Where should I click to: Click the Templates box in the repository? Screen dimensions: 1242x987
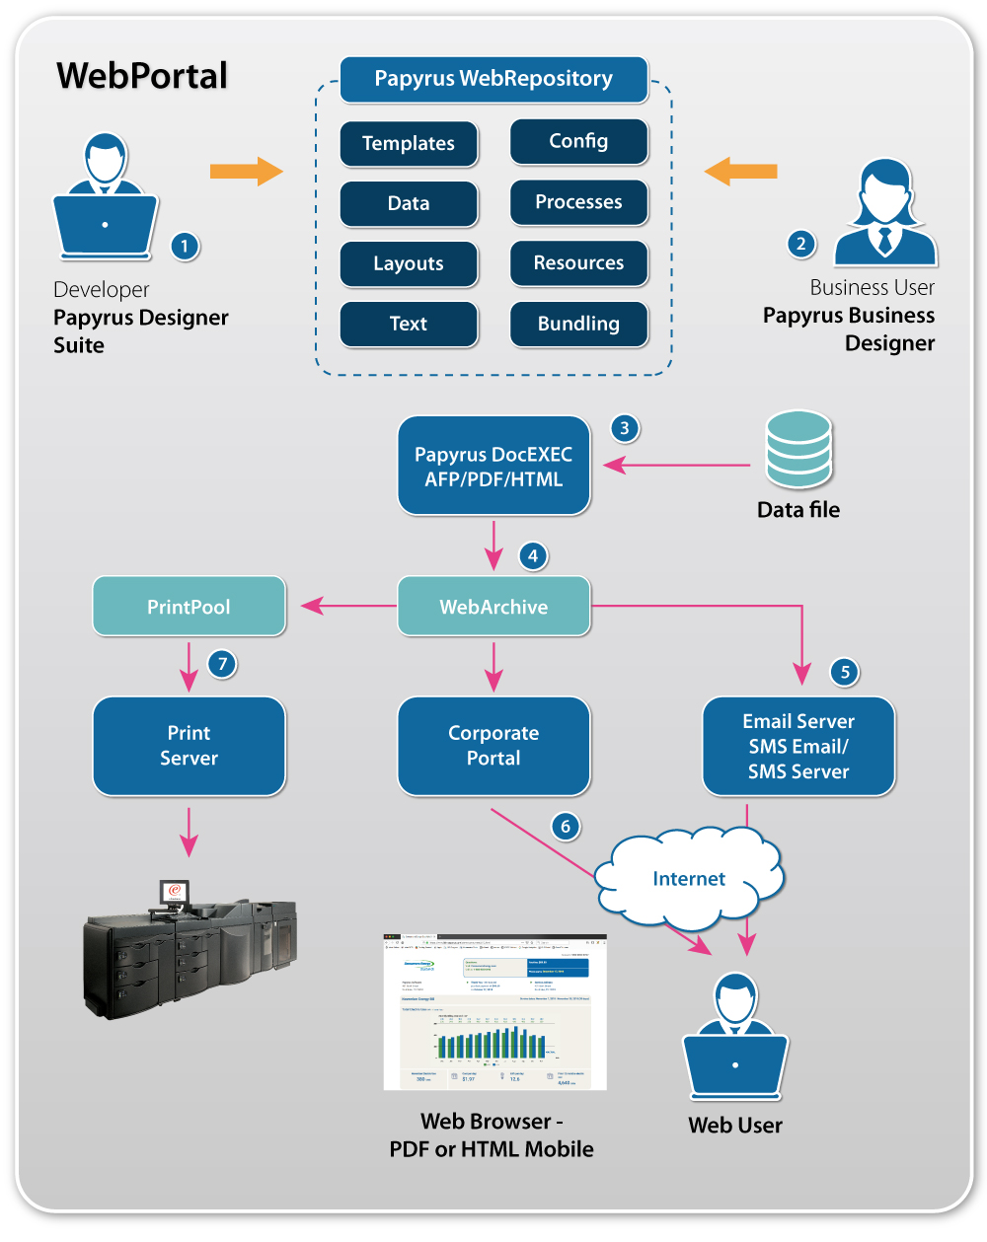point(409,144)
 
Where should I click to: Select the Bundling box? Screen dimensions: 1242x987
point(578,324)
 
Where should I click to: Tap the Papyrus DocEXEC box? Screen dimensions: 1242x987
point(493,466)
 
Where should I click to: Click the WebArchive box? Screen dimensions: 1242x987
point(493,607)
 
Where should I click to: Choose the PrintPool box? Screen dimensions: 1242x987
point(189,607)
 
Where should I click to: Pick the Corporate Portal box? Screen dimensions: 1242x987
point(493,746)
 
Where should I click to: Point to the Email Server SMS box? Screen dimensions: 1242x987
point(798,746)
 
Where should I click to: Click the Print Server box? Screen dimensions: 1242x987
point(189,746)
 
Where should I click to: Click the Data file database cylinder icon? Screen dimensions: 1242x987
point(798,450)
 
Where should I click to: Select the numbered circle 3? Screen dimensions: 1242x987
point(624,428)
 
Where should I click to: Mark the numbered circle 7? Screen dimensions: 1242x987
point(223,664)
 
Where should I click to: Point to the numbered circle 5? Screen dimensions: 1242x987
point(845,673)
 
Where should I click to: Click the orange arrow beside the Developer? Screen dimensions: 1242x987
point(247,172)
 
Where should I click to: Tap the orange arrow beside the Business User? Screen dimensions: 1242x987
point(740,172)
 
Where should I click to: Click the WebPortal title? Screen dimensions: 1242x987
point(142,76)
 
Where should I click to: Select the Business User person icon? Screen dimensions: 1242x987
point(884,213)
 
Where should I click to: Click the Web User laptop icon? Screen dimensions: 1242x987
point(735,1041)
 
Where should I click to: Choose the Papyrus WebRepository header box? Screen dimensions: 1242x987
point(493,79)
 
